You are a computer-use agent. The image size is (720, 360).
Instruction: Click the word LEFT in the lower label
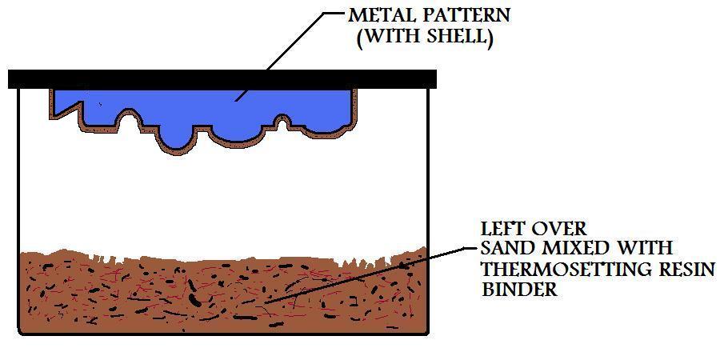pos(503,229)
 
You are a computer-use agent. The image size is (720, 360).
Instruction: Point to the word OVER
pos(560,229)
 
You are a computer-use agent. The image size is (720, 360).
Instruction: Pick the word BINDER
pos(519,290)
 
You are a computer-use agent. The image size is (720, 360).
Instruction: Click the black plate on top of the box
pos(222,79)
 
